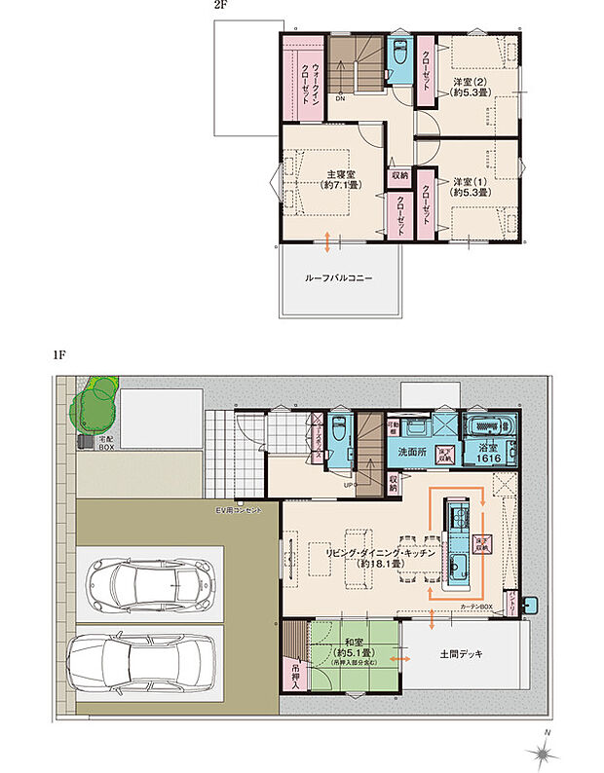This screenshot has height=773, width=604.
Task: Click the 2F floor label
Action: click(x=221, y=5)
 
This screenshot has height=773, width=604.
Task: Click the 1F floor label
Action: click(x=59, y=356)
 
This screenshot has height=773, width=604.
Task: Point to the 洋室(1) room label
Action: click(x=471, y=187)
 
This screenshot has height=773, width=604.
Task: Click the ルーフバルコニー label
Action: click(x=339, y=277)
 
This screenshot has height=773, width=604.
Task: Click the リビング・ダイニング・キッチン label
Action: click(x=371, y=556)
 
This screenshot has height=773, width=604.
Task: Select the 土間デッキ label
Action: click(x=461, y=653)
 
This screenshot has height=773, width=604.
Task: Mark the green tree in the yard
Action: click(x=95, y=399)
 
